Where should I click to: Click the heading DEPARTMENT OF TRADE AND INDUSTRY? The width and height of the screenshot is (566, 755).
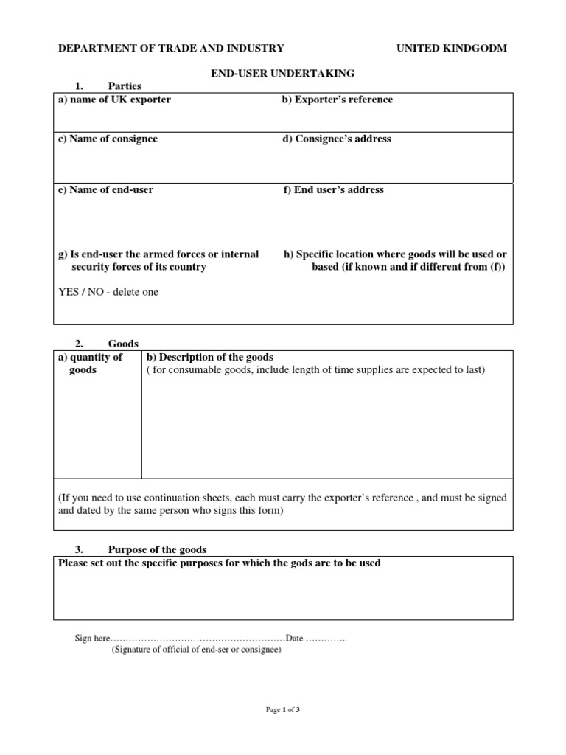point(171,49)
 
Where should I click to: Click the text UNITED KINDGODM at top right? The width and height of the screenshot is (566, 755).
point(452,49)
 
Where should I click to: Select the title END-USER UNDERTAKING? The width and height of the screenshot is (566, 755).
point(283,73)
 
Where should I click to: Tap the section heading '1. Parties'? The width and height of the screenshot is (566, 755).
point(108,86)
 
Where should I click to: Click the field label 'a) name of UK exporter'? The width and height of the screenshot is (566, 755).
point(114,100)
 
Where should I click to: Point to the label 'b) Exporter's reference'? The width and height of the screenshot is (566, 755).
point(337,100)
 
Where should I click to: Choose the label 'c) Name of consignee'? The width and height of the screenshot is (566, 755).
point(108,139)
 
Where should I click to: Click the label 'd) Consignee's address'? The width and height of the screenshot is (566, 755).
point(336,139)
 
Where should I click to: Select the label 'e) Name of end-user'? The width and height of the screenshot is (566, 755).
point(106,189)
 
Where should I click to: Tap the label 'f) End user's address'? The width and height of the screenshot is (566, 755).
point(333,189)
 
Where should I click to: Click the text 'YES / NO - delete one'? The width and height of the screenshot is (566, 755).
point(108,292)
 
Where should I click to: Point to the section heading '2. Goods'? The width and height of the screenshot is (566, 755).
point(107,344)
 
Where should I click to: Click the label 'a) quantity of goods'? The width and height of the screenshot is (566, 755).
point(90,363)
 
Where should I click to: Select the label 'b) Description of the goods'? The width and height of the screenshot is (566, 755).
point(211,358)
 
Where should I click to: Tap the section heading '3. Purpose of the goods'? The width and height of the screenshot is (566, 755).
point(141,549)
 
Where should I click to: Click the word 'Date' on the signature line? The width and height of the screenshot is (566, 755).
point(294,639)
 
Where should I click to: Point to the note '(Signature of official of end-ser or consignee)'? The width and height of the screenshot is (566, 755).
point(196,650)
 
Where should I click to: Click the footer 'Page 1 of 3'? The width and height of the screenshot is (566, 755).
point(283,710)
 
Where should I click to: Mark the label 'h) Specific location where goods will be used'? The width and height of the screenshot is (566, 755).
point(395,254)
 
